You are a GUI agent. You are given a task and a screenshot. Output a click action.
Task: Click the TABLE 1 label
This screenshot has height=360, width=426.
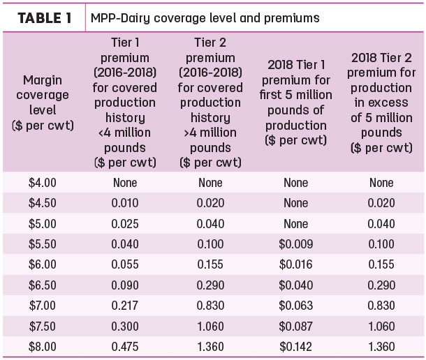tap(45, 18)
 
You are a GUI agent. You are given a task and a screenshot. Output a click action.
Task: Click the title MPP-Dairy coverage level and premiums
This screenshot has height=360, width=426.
tap(205, 18)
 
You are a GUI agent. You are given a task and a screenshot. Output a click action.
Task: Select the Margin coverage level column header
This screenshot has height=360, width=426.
tap(43, 103)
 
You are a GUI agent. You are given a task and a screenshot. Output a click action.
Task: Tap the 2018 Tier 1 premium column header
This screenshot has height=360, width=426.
tap(295, 103)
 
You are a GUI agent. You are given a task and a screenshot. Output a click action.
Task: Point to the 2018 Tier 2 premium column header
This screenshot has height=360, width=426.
tap(381, 103)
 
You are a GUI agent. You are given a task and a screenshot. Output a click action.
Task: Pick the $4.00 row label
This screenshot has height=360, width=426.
tap(43, 183)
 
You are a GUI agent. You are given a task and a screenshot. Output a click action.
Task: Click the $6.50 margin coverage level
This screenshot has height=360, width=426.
tap(43, 285)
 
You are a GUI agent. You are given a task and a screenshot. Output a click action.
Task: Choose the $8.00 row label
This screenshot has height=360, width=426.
tap(43, 347)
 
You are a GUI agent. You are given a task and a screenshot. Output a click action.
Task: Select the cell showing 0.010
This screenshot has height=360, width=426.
tap(125, 203)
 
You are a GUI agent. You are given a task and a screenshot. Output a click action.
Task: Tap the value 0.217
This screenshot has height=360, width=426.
tap(125, 306)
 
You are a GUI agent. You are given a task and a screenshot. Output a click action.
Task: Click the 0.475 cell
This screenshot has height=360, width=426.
tap(125, 347)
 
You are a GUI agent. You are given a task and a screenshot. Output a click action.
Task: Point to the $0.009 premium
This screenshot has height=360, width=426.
tap(296, 243)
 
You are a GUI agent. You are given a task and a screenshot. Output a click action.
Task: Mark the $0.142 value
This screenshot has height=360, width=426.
tap(296, 347)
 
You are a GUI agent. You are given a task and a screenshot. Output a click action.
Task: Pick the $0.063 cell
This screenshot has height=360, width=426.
tap(296, 306)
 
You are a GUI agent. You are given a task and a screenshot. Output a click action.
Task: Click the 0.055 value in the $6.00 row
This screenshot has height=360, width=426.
tap(125, 264)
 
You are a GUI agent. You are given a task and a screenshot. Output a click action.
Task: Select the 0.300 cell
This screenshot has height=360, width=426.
tap(125, 326)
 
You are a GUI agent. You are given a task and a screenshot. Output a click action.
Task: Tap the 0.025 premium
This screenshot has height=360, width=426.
tap(125, 224)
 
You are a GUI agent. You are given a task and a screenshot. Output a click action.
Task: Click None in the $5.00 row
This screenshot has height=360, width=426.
tap(296, 224)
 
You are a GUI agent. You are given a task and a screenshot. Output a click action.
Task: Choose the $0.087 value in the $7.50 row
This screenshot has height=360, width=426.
tap(296, 326)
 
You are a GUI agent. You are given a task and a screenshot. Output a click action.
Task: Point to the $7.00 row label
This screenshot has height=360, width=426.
tap(43, 306)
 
